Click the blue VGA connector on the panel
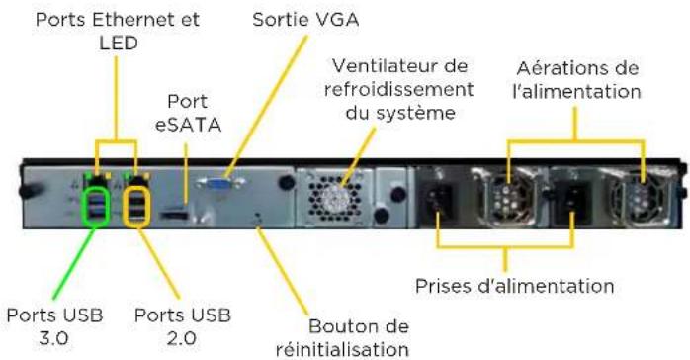(217, 183)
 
